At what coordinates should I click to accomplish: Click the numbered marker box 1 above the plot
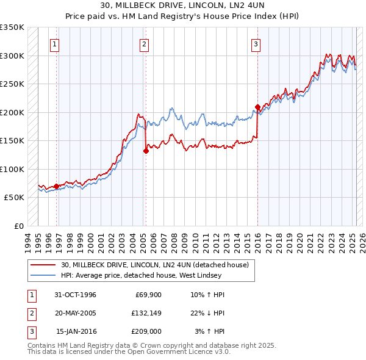(55, 44)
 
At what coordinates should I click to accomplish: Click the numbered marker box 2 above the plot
(144, 44)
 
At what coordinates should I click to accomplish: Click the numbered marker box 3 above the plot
(256, 44)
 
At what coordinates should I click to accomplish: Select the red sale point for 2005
(146, 151)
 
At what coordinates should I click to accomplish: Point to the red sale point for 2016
(257, 107)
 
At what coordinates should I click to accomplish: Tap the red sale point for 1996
(57, 186)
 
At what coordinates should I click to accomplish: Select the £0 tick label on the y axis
(18, 226)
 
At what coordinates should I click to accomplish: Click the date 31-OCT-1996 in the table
(76, 295)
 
